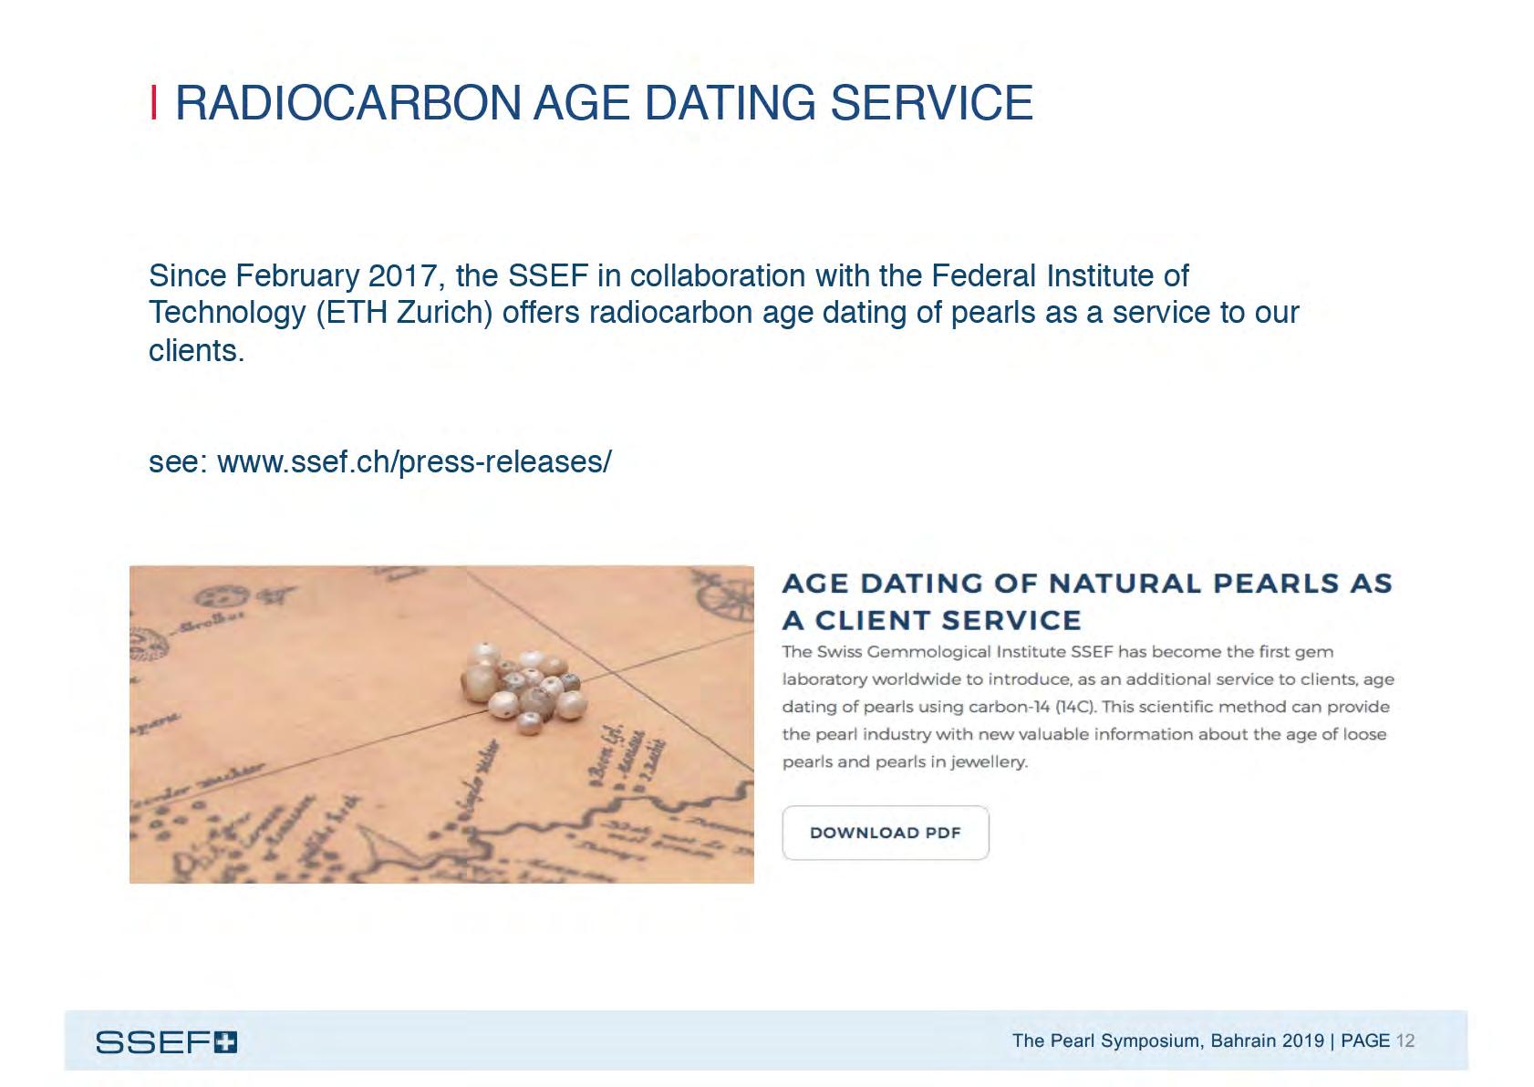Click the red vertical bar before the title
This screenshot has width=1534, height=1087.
(x=154, y=102)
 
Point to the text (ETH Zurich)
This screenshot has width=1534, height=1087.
(x=404, y=313)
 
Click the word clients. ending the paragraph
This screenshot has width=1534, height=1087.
(x=196, y=351)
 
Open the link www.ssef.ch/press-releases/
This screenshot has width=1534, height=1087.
(x=414, y=462)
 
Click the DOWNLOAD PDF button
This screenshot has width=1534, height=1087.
(x=885, y=833)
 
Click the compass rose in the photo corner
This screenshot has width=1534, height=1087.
(x=725, y=593)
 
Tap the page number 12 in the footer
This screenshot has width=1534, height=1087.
(x=1404, y=1040)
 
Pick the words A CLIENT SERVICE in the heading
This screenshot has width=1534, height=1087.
(x=931, y=621)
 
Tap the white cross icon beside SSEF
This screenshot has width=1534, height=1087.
(x=225, y=1042)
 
